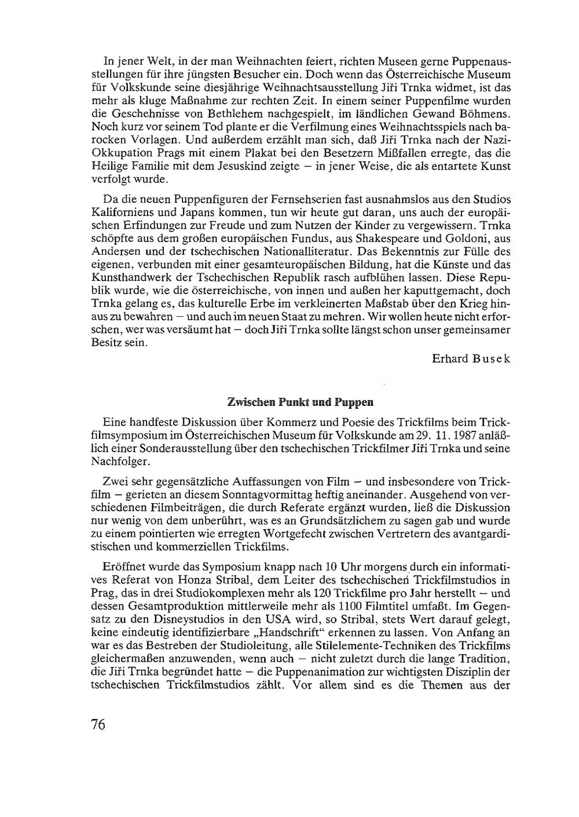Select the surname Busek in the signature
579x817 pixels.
coord(491,358)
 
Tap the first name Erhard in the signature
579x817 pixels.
coord(450,358)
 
